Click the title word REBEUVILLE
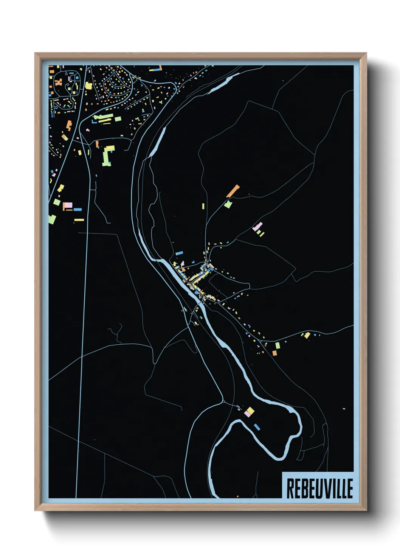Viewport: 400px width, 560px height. tap(319, 488)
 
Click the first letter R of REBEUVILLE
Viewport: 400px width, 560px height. tap(290, 488)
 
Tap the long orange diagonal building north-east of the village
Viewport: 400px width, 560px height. tap(233, 191)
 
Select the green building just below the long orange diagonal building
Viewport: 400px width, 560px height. tap(228, 205)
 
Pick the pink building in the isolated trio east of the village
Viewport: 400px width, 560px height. tap(257, 227)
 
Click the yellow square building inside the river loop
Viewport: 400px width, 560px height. tap(250, 411)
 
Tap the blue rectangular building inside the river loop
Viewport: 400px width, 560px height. tap(257, 427)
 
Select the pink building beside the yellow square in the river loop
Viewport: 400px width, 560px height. tap(247, 414)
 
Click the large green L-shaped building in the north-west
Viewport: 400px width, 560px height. tap(107, 156)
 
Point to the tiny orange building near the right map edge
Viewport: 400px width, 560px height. tap(344, 409)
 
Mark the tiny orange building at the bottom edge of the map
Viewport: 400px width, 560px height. tap(237, 496)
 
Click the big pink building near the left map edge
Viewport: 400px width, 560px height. tap(68, 205)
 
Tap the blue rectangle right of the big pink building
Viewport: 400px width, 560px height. tap(78, 209)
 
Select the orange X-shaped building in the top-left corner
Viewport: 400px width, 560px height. tap(59, 81)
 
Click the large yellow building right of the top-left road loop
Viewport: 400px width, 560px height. tap(88, 86)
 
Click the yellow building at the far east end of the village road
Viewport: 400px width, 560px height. tap(307, 335)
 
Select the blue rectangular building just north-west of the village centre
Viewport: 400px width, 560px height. tap(179, 253)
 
